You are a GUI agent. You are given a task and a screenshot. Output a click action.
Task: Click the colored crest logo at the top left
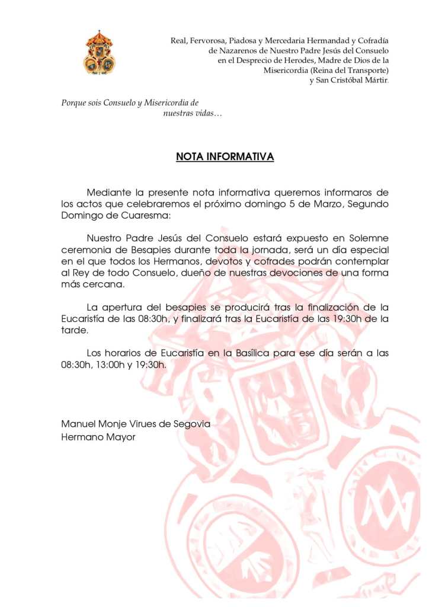[x=99, y=53]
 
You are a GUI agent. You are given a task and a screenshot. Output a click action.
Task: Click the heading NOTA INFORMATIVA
[x=225, y=157]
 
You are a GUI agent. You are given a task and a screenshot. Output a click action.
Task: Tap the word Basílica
[x=252, y=353]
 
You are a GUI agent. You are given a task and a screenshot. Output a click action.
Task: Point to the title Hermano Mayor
[x=98, y=437]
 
